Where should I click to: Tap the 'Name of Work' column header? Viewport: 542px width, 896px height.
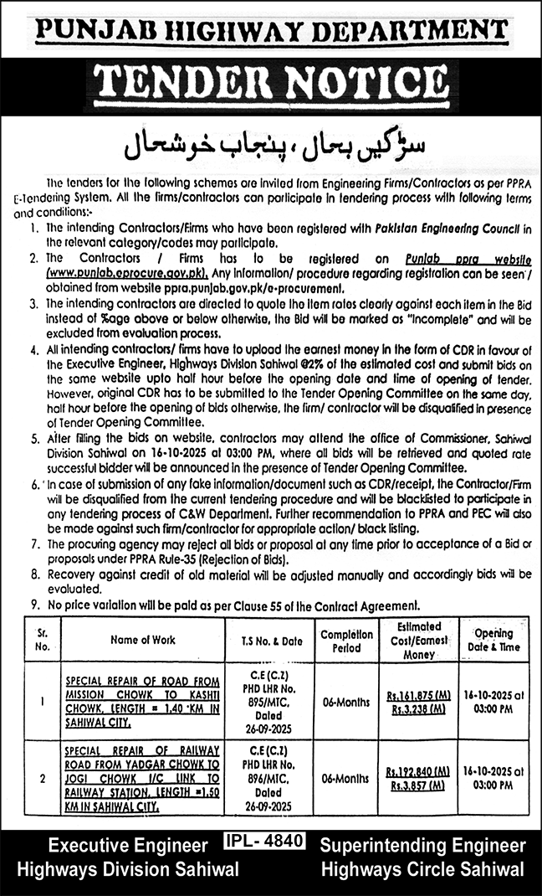[x=142, y=640]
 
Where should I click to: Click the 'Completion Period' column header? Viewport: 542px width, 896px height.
[x=346, y=641]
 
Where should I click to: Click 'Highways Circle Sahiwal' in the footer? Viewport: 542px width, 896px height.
[x=422, y=868]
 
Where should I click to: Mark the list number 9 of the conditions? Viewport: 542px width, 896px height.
[x=33, y=605]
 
